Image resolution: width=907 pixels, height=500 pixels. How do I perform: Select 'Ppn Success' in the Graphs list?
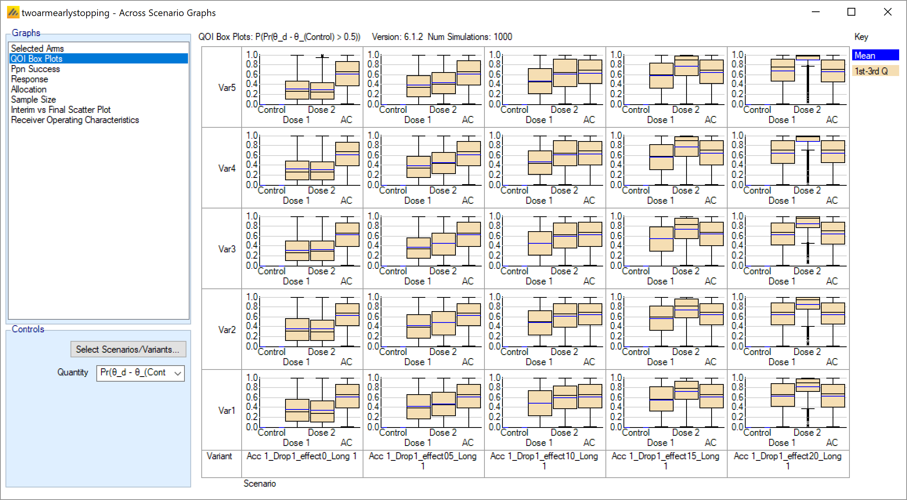[x=35, y=69]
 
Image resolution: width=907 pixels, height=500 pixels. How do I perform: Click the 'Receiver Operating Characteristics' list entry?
[x=75, y=120]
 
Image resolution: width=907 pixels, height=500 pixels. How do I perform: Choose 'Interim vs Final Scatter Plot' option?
[x=61, y=110]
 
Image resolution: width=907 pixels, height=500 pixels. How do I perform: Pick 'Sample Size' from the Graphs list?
[x=33, y=100]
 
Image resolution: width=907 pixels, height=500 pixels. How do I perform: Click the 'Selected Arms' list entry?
[x=37, y=49]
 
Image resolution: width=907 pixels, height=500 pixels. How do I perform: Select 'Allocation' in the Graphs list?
[x=29, y=89]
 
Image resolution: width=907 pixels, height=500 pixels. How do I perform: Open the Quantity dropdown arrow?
[x=177, y=373]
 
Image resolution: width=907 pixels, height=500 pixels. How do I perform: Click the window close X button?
[x=888, y=12]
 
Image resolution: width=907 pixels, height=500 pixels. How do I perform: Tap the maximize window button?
[x=851, y=12]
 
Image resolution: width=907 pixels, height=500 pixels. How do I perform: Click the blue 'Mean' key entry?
[x=875, y=55]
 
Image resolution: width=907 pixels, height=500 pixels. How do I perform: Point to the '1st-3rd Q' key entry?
[x=875, y=71]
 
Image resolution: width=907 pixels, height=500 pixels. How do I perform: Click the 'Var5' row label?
[x=227, y=87]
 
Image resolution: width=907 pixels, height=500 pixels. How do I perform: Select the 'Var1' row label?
[x=227, y=410]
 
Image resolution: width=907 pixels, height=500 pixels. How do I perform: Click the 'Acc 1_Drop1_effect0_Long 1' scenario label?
[x=302, y=456]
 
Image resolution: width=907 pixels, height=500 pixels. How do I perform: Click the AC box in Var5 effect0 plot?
[x=347, y=74]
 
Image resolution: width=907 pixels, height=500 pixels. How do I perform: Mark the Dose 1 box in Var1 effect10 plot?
[x=540, y=403]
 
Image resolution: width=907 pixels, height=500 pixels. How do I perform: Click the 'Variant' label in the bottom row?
[x=219, y=456]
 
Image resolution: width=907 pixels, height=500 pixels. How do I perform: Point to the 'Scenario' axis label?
[x=260, y=484]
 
